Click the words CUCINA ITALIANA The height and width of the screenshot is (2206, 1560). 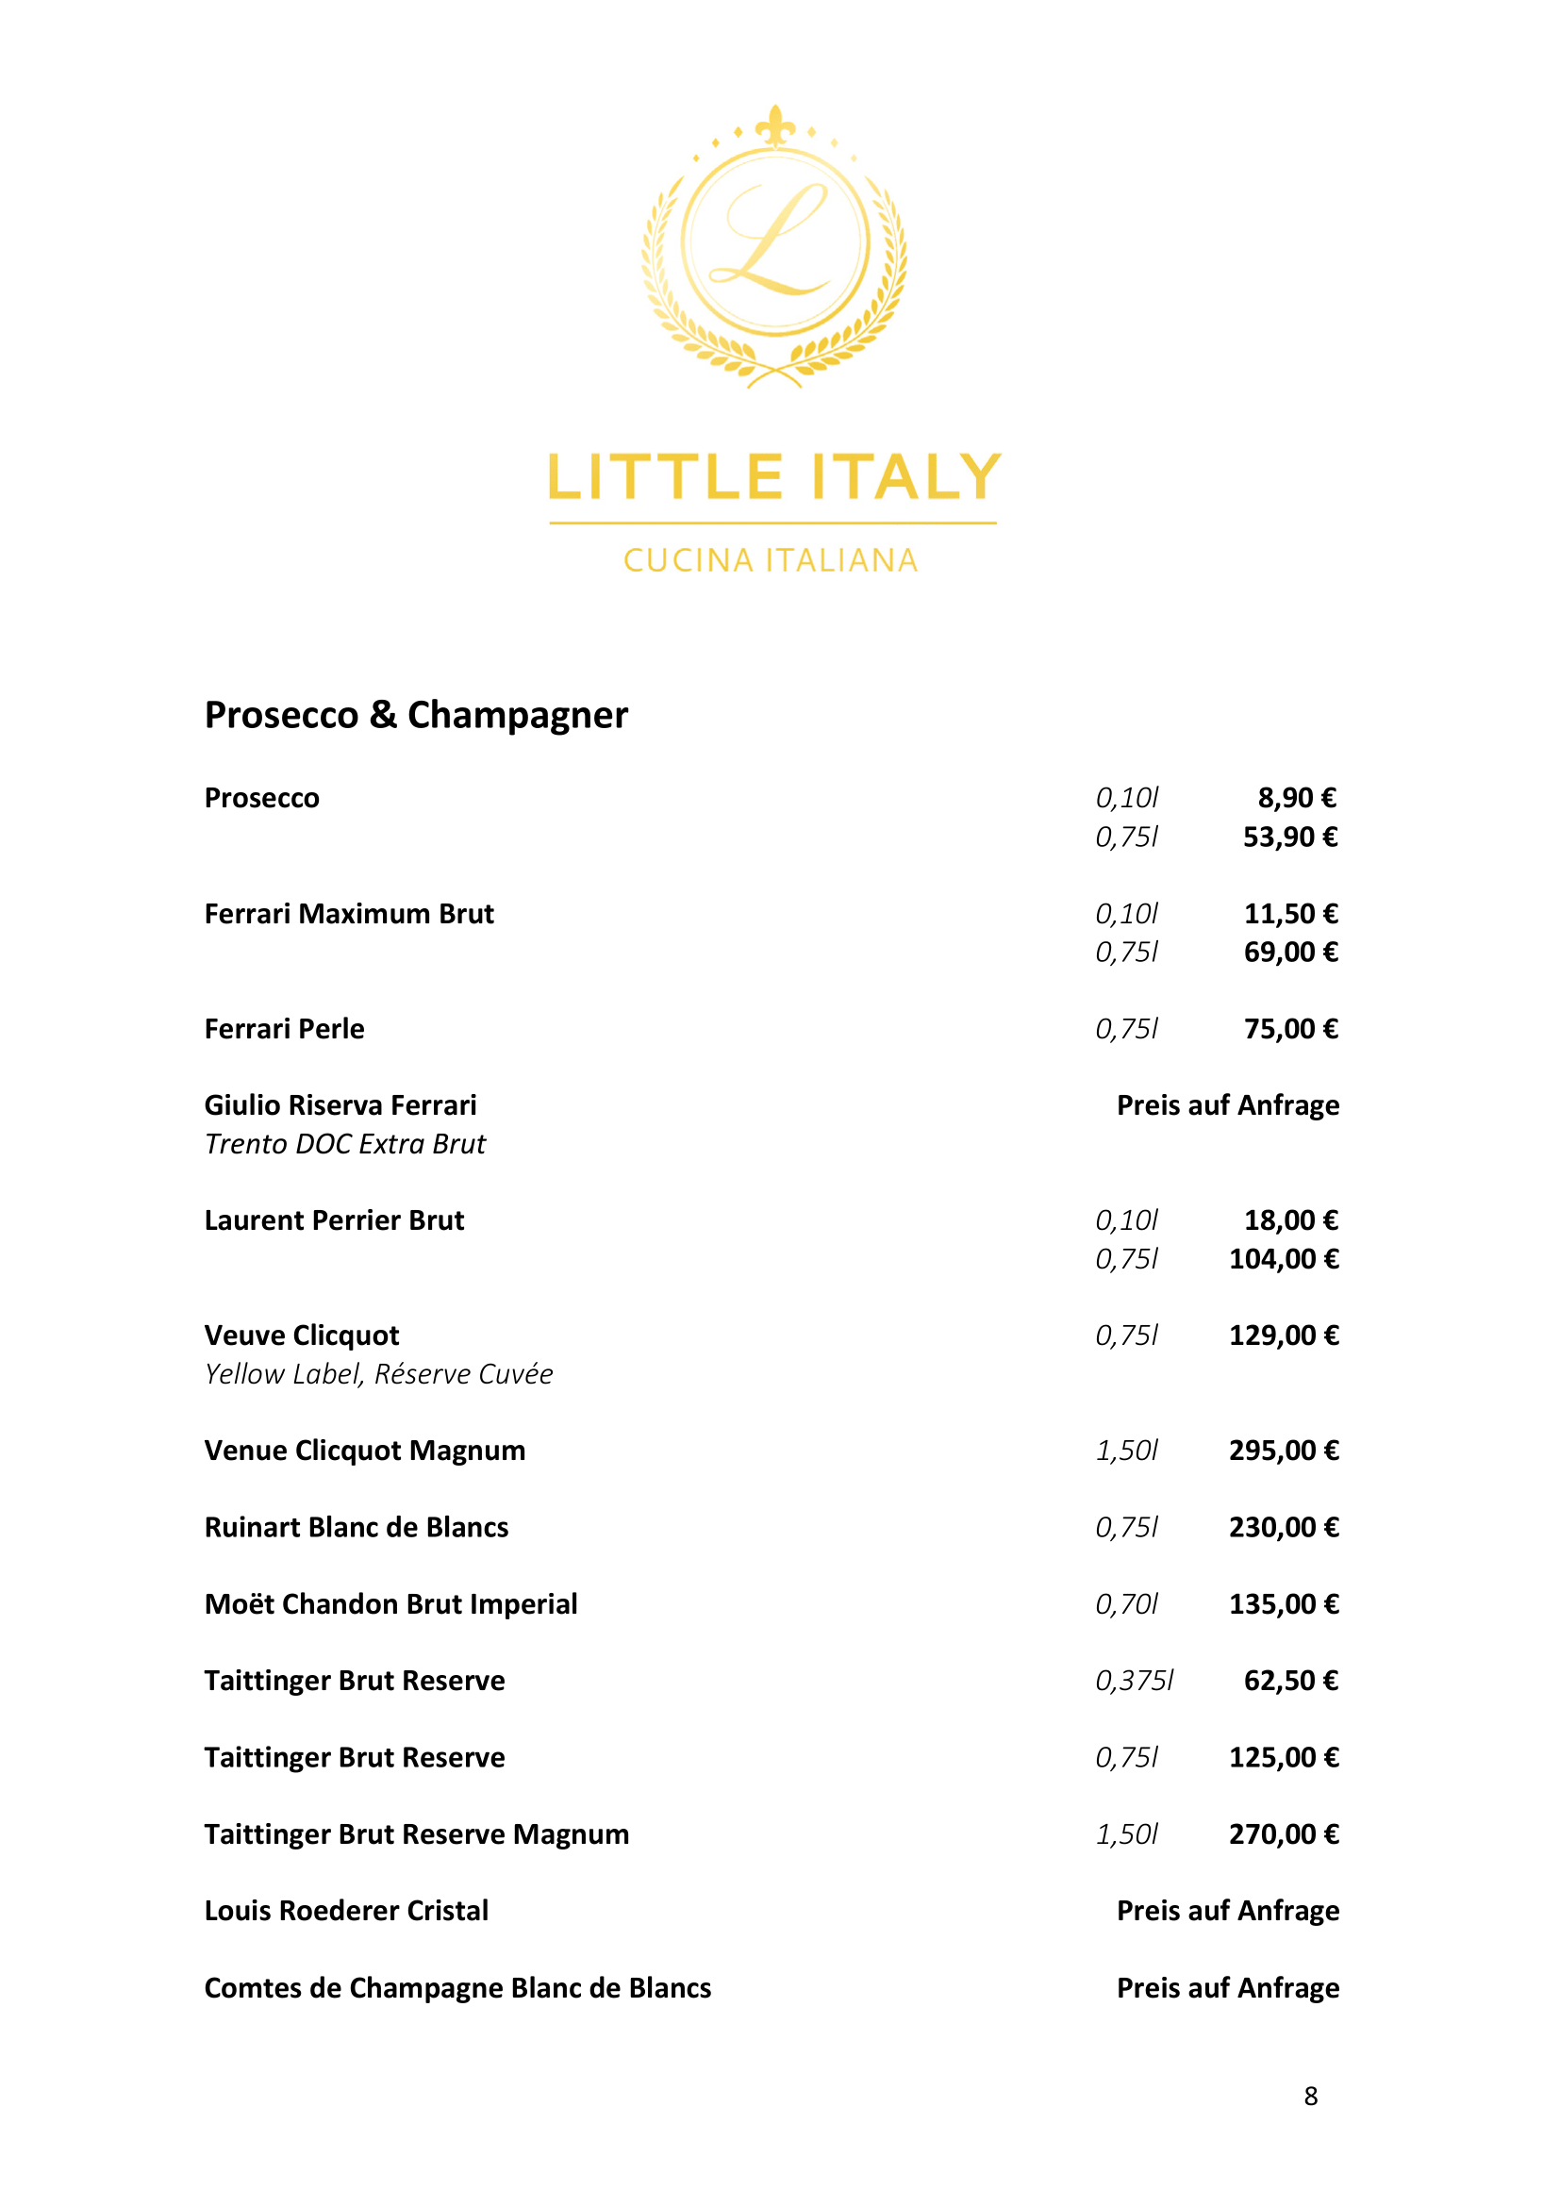coord(772,560)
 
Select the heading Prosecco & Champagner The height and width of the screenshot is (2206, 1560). coord(416,716)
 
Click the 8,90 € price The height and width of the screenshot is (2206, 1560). coord(1297,798)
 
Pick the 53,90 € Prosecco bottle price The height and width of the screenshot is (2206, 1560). coord(1290,837)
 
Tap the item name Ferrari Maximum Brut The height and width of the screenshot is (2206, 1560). coord(349,914)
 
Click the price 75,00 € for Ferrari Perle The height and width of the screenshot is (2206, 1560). coord(1290,1029)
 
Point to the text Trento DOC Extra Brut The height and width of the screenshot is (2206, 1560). coord(345,1144)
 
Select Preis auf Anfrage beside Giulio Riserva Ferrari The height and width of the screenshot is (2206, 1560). coord(1227,1105)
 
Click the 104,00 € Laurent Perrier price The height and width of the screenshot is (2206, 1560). coord(1284,1259)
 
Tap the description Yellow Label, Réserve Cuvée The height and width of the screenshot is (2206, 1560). coord(378,1374)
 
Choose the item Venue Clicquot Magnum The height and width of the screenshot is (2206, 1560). coord(365,1451)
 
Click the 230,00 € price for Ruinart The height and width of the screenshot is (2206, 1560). coord(1284,1528)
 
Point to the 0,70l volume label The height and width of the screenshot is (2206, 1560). coord(1127,1604)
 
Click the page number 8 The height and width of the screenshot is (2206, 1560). coord(1310,2097)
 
